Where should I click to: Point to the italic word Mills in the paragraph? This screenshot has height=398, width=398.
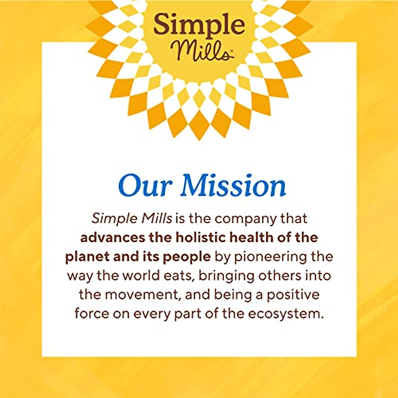coord(157,219)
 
